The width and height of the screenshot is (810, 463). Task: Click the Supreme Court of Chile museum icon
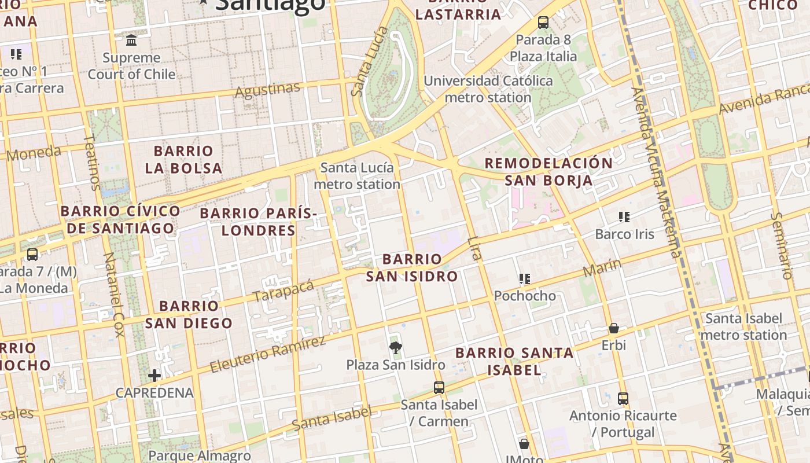(x=131, y=41)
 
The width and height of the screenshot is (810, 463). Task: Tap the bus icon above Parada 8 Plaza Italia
(x=543, y=23)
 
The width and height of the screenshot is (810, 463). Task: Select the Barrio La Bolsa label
(x=183, y=160)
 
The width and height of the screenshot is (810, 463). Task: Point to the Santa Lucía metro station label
(x=357, y=176)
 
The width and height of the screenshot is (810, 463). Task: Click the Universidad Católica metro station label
(x=488, y=89)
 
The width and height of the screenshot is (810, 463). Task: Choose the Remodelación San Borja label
(x=548, y=172)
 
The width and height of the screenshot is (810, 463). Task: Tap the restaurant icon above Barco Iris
(x=624, y=217)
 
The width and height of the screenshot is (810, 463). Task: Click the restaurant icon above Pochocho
(x=525, y=279)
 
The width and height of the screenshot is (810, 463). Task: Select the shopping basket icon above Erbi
(x=614, y=328)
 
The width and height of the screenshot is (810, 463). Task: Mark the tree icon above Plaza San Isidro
(x=396, y=348)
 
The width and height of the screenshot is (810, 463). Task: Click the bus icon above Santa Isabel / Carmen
(x=439, y=388)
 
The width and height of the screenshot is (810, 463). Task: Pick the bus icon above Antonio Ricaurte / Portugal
(x=623, y=398)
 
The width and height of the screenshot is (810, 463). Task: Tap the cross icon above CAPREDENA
(x=154, y=376)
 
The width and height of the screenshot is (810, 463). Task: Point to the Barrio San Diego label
(x=189, y=314)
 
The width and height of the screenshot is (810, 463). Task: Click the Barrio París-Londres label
(x=259, y=222)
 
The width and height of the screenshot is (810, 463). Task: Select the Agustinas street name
(x=268, y=90)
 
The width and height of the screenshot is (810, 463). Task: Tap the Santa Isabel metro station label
(x=743, y=326)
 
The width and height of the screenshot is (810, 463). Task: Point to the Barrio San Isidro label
(x=412, y=267)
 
